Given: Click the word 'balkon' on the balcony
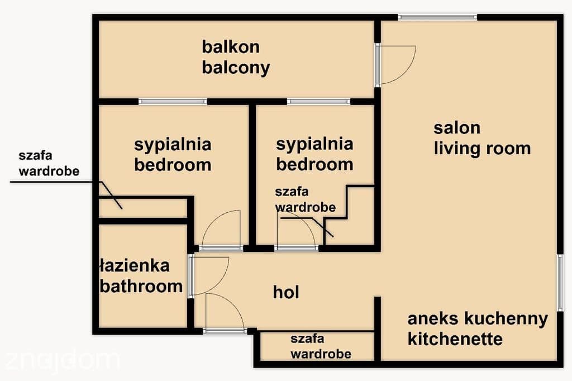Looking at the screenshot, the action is (x=231, y=47).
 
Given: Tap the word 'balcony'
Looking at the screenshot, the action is (x=236, y=68).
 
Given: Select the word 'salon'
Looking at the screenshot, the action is (x=457, y=128).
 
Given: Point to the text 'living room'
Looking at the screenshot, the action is (x=482, y=149).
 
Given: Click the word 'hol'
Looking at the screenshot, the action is (x=286, y=292).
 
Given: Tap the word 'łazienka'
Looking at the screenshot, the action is (x=135, y=266).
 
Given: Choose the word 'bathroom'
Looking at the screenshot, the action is (x=141, y=287).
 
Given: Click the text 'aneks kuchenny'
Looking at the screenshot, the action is (x=478, y=318).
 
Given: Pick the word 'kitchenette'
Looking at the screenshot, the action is (x=455, y=339).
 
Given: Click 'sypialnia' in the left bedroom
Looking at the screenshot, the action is (x=173, y=145).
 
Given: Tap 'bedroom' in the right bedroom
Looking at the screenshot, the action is (x=314, y=165).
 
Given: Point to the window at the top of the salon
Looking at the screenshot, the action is (x=437, y=17).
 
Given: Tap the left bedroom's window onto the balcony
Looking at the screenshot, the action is (x=173, y=102).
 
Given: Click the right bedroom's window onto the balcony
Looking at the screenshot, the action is (x=318, y=102).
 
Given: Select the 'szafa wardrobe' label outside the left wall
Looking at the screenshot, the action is (x=49, y=164).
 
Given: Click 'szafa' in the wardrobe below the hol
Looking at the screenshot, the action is (x=307, y=339).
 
